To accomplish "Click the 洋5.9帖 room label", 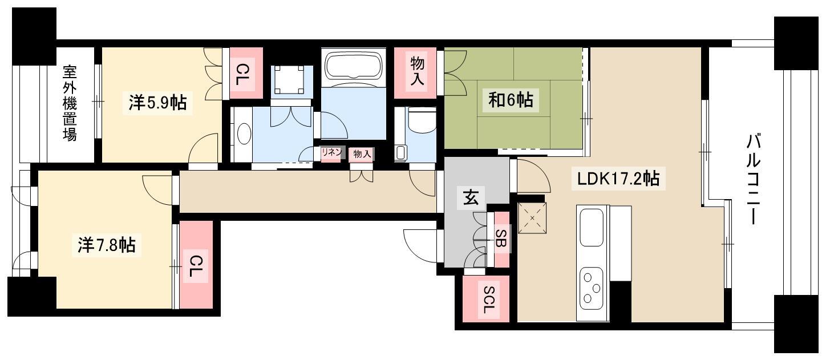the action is [158, 102].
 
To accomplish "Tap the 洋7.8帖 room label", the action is [107, 245].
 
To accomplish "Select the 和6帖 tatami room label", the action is [511, 100].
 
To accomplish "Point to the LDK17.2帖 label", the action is [618, 179].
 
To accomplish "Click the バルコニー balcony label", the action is [754, 180].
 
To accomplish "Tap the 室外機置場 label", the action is [70, 103].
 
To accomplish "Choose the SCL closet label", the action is [488, 300].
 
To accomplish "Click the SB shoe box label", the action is [501, 238].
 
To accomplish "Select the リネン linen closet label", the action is [331, 152].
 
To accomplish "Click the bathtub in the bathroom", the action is [354, 66].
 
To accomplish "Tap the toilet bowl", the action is [422, 121].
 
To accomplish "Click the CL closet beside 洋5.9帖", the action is [246, 73].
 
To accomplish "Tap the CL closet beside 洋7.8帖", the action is [197, 265].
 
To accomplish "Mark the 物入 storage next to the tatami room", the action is [416, 73].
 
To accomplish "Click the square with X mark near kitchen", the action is [532, 218].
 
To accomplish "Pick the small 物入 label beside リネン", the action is [362, 154].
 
